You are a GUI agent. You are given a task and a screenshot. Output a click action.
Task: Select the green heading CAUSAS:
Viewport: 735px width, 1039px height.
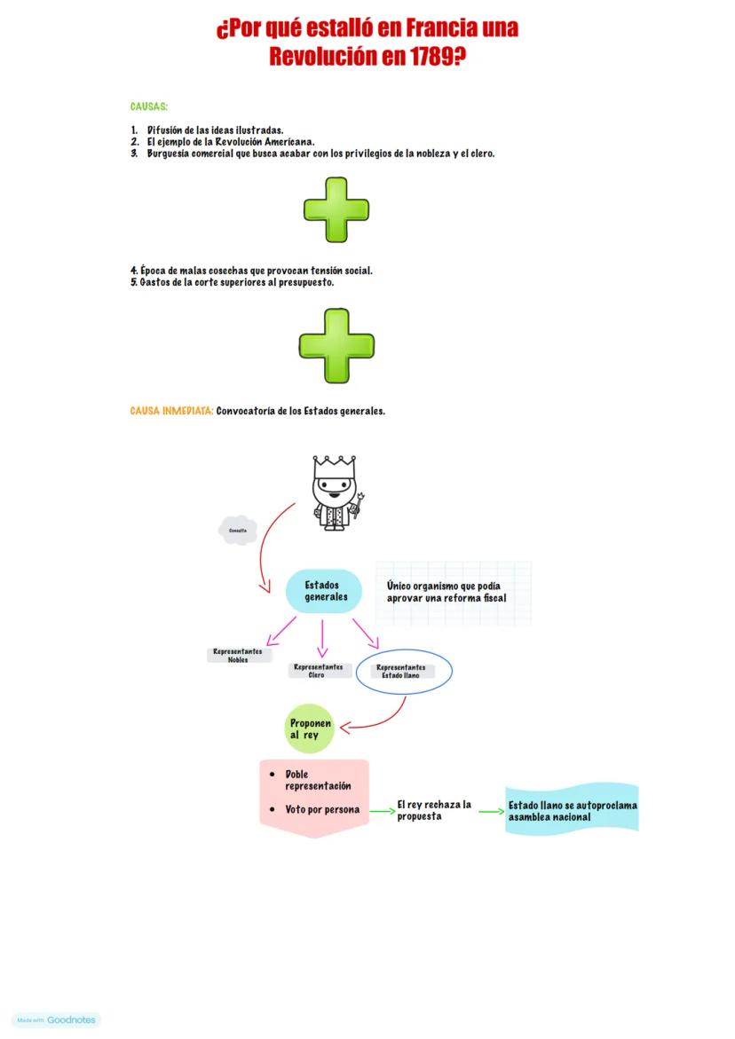tap(149, 107)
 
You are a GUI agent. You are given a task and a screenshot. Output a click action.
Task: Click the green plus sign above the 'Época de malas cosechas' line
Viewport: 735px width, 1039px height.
tap(336, 210)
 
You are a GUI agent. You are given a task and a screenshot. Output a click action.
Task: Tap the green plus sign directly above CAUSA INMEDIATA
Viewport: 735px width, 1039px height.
tap(336, 346)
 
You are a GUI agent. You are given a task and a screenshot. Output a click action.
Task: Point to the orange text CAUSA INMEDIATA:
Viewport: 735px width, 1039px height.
tap(171, 412)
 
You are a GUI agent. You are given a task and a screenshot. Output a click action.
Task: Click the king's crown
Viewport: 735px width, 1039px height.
tap(334, 466)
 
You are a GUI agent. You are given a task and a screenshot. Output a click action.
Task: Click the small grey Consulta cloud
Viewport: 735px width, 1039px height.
tap(238, 531)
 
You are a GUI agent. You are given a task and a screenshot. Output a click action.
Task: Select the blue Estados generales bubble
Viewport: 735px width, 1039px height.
tap(324, 591)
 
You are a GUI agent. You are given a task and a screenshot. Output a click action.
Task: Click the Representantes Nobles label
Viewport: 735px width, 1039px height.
tap(238, 656)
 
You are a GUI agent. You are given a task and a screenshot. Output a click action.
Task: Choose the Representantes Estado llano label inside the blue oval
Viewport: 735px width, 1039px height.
tap(401, 672)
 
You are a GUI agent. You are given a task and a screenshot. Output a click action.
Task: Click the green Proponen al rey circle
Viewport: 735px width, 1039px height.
tap(310, 729)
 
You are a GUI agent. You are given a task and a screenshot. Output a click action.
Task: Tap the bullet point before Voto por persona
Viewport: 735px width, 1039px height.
tap(273, 810)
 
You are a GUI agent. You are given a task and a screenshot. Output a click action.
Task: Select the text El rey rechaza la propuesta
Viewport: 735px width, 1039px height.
tap(433, 810)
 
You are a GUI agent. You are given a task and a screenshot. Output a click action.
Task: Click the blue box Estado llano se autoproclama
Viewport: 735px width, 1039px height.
tap(573, 811)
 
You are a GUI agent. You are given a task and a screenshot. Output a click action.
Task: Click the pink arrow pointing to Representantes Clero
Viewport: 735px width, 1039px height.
tap(322, 638)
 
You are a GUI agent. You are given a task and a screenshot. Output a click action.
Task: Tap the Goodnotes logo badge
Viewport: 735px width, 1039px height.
tap(58, 1020)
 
